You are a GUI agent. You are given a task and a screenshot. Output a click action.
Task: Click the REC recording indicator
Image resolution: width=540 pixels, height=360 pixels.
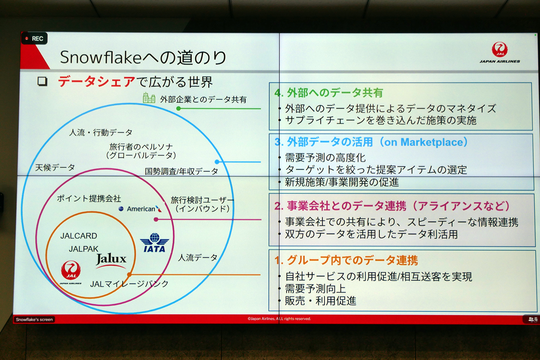[35, 38]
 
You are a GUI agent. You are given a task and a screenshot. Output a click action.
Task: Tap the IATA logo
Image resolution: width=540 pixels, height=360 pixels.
[154, 243]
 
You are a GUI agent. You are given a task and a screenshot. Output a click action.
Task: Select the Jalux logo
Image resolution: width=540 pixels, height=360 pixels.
[111, 261]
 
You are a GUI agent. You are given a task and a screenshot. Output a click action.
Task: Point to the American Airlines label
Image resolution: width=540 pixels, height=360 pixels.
[140, 209]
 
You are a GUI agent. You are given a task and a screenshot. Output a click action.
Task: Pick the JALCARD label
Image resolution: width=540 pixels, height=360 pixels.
[79, 236]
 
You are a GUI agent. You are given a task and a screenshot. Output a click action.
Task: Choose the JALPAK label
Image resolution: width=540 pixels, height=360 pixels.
[84, 249]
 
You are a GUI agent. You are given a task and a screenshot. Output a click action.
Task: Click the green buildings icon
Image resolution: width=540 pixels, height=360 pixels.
[149, 98]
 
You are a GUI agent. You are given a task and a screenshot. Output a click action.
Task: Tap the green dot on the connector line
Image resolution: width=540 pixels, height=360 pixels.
[178, 108]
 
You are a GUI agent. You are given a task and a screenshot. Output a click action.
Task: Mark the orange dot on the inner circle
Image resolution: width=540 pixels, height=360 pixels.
[129, 274]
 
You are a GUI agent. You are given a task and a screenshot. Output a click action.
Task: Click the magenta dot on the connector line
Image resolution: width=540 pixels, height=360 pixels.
[156, 220]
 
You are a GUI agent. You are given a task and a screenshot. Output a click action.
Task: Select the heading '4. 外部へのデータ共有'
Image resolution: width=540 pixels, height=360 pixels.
[329, 93]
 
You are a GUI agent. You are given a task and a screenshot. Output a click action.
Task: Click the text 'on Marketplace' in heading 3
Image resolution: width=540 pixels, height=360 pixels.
[424, 142]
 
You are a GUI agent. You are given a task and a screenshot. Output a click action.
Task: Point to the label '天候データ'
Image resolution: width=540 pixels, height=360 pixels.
[55, 167]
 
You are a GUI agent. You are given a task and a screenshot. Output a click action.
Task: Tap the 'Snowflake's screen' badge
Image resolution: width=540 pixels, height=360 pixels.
[34, 320]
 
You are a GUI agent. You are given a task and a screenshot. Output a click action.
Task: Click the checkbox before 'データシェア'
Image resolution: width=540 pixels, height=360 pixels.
[43, 81]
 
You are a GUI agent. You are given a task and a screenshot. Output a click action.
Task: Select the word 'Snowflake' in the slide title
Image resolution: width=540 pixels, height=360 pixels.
[100, 58]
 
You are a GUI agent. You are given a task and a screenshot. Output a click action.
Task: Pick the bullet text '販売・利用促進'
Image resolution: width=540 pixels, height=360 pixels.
[321, 301]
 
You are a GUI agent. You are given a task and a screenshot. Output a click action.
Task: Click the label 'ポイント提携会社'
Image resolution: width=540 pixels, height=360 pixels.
[89, 199]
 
